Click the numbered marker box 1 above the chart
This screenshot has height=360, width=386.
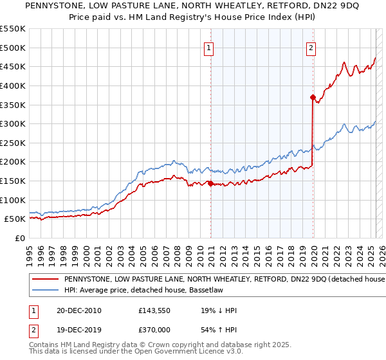pos(210,48)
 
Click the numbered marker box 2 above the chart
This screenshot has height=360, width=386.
pos(311,48)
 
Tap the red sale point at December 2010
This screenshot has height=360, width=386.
pos(210,183)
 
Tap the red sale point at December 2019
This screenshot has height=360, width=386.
pos(313,98)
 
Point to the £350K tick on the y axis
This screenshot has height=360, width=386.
pos(13,105)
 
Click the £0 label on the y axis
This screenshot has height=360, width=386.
pos(19,238)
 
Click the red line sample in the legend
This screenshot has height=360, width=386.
pos(45,280)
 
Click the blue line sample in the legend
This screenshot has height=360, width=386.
pos(45,290)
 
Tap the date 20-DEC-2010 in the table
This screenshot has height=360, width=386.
pos(78,310)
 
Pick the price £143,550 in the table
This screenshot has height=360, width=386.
pos(154,310)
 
